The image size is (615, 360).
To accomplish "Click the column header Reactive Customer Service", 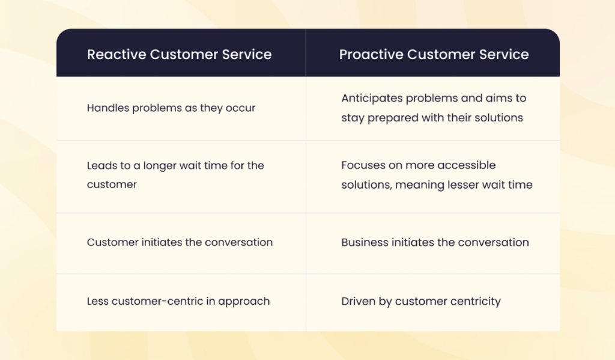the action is (179, 54).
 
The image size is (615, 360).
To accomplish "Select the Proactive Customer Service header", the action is (434, 54).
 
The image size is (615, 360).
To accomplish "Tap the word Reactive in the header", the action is (117, 54).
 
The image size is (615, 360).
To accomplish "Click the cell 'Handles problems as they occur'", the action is (171, 108).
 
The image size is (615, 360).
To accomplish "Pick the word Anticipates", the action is (372, 98).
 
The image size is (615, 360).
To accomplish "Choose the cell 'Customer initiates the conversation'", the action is (180, 242).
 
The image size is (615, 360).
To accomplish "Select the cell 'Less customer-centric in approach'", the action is (178, 301).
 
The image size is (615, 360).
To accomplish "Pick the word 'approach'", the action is (244, 301).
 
